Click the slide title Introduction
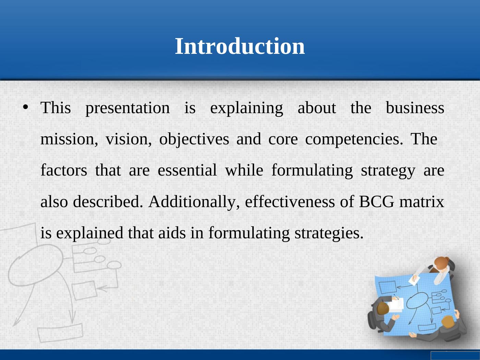tap(240, 46)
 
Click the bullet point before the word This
tap(26, 107)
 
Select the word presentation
tap(128, 108)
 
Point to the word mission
tap(69, 139)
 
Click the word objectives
tap(194, 140)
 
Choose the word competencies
tap(354, 140)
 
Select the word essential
tap(187, 170)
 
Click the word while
tap(244, 170)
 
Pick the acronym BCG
tap(376, 201)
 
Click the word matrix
tap(422, 201)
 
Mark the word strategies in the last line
tap(329, 233)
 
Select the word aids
tap(172, 232)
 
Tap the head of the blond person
tap(448, 322)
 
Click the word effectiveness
tap(290, 201)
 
